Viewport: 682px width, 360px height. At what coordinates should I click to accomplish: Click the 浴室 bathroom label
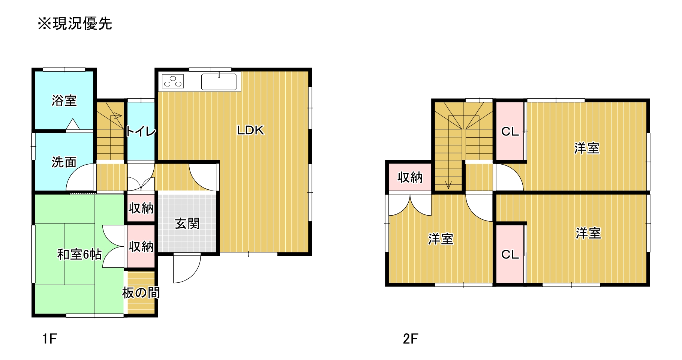pos(64,100)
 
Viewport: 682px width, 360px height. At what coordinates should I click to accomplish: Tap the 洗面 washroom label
pos(64,162)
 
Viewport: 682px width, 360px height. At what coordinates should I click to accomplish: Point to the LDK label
pos(250,130)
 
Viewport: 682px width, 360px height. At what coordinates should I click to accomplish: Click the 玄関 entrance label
pos(187,224)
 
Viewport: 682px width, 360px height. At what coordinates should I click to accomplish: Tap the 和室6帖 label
pos(79,255)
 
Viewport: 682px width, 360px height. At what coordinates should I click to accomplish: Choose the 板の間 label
pos(141,292)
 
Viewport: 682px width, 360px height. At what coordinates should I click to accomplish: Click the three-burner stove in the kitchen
pos(173,81)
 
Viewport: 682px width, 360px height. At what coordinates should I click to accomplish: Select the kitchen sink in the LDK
pos(219,81)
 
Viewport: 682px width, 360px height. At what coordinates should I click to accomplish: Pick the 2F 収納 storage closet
pos(410,177)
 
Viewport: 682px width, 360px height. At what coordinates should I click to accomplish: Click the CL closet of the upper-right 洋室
pos(510,131)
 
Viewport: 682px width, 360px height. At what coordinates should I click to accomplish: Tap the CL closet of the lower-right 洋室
pos(510,254)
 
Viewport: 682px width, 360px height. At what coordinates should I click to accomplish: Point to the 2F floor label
pos(410,339)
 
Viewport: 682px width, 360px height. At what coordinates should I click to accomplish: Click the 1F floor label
pos(49,339)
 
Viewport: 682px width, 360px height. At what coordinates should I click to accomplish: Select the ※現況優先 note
pos(75,24)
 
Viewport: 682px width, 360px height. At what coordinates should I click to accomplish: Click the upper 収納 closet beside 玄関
pos(141,208)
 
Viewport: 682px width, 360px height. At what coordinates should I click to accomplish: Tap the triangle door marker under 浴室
pos(72,124)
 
